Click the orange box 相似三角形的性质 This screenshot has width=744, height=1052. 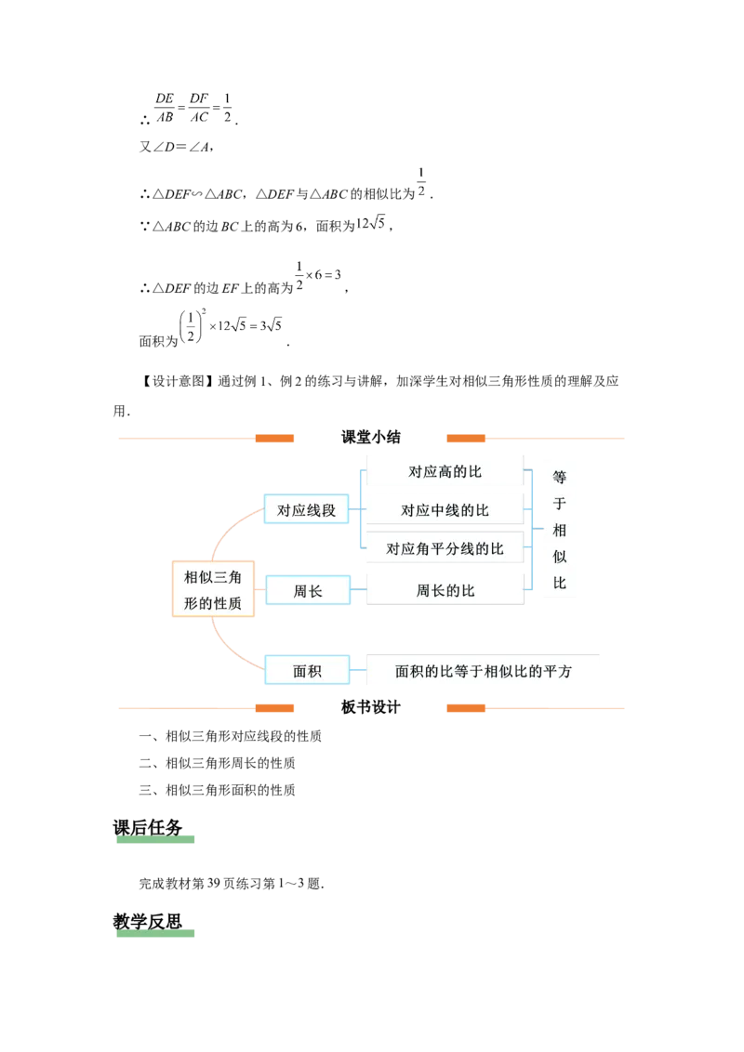pyautogui.click(x=214, y=590)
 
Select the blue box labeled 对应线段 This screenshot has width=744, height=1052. pyautogui.click(x=306, y=510)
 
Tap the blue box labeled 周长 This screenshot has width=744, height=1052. pyautogui.click(x=307, y=591)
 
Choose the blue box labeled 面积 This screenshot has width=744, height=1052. pyautogui.click(x=307, y=670)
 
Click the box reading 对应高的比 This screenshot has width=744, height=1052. pyautogui.click(x=445, y=471)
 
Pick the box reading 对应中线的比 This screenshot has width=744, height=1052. pyautogui.click(x=445, y=510)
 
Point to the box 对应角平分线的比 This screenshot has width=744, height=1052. pyautogui.click(x=445, y=549)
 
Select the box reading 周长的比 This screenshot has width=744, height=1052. pyautogui.click(x=445, y=591)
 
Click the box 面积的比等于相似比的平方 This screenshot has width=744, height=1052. pyautogui.click(x=484, y=671)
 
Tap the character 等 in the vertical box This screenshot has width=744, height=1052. pyautogui.click(x=560, y=478)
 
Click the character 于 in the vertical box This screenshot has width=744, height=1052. pyautogui.click(x=560, y=505)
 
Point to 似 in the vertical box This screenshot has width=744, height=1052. pyautogui.click(x=560, y=558)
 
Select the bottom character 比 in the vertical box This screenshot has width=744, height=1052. pyautogui.click(x=560, y=584)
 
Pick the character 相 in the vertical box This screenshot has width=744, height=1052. pyautogui.click(x=560, y=531)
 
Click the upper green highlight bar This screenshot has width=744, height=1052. pyautogui.click(x=155, y=839)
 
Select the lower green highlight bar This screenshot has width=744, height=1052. pyautogui.click(x=155, y=936)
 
